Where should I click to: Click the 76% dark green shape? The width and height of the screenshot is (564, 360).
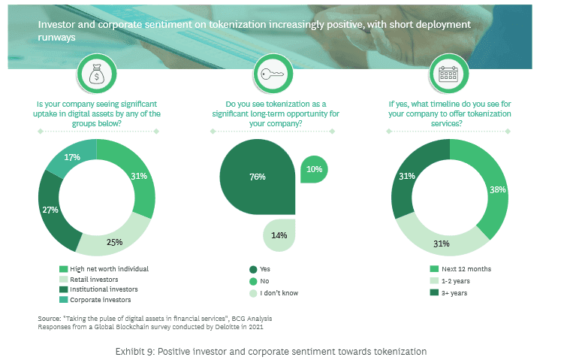[x=256, y=177]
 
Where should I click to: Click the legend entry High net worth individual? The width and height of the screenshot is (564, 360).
[x=104, y=269]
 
